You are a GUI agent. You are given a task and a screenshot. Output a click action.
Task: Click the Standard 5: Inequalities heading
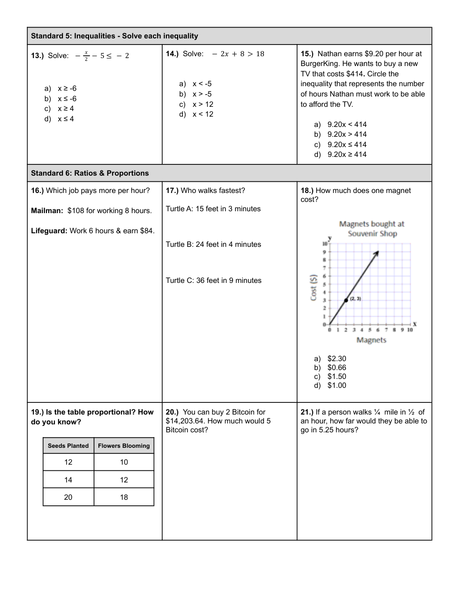pos(114,36)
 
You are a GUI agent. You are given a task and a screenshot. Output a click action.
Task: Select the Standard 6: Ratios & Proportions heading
pos(90,173)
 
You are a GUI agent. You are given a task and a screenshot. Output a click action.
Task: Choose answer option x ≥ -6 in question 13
pos(67,89)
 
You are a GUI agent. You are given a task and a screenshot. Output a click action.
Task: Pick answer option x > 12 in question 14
pos(203,104)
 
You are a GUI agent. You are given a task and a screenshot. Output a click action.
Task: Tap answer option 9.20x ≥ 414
pos(346,155)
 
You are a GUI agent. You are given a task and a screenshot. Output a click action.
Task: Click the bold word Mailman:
pos(47,211)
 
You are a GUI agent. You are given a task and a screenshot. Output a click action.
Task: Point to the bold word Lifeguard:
pos(49,231)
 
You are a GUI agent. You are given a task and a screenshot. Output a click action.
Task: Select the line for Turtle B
pos(213,245)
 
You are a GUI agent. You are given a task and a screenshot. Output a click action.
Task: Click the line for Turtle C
pos(213,281)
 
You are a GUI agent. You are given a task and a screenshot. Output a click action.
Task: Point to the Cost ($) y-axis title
pos(314,287)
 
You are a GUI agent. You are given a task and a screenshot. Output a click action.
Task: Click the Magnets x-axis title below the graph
pos(371,340)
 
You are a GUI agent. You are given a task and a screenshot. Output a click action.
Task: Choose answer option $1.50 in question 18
pos(337,377)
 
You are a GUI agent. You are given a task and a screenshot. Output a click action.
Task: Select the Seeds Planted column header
pos(68,446)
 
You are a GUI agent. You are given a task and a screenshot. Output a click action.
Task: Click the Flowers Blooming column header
pos(124,446)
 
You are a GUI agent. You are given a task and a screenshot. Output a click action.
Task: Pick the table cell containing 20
pos(68,497)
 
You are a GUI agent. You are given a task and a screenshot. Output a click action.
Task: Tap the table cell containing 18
pos(124,497)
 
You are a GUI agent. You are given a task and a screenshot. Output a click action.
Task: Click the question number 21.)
pos(307,412)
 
